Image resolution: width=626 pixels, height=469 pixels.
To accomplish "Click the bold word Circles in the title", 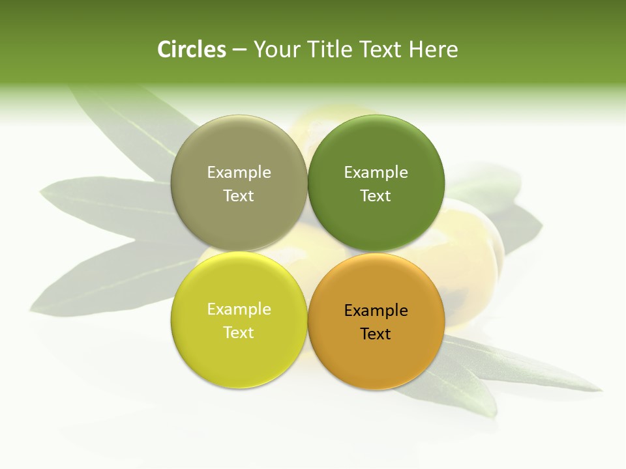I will tap(192, 50).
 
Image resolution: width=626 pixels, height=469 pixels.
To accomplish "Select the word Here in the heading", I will tap(433, 50).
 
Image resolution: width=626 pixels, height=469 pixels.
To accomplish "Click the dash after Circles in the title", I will tap(239, 50).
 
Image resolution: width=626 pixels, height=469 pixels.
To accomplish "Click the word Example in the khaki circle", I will tap(239, 173).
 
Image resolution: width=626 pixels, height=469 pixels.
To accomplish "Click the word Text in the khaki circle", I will tap(239, 195).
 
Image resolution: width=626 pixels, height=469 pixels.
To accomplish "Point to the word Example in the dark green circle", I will tap(376, 173).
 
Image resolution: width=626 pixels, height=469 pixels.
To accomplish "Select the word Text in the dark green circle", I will tap(376, 195).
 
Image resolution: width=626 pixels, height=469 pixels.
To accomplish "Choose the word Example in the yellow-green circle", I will tap(239, 309).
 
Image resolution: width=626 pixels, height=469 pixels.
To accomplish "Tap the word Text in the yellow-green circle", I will tap(239, 332).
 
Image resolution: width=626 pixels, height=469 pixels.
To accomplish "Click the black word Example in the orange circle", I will tap(376, 311).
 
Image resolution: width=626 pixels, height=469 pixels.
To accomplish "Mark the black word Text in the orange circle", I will tap(376, 334).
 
